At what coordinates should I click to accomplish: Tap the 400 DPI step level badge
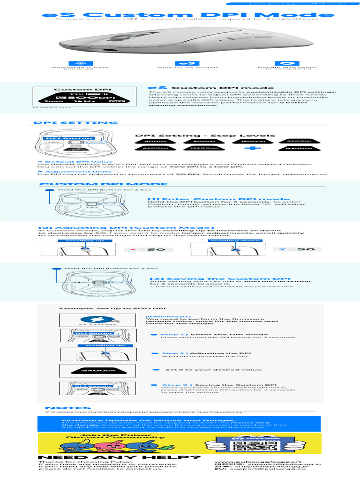(x=153, y=141)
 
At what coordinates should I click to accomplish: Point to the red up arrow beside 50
(x=133, y=249)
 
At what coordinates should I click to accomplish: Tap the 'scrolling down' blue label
(x=228, y=240)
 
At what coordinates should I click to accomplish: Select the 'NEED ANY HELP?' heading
(x=119, y=457)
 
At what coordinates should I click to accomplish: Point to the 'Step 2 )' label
(x=175, y=353)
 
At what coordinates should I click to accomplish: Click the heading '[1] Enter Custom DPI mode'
(x=212, y=199)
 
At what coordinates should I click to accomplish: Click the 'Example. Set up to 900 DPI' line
(x=112, y=308)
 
